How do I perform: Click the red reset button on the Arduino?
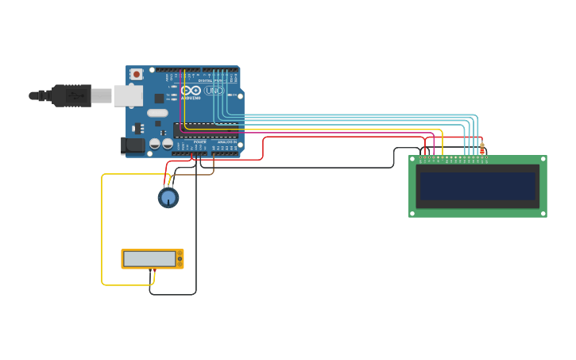(x=137, y=74)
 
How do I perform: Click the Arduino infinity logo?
(x=191, y=91)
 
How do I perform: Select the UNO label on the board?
(x=213, y=91)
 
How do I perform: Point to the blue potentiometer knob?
(x=168, y=197)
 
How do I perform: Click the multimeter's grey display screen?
(x=149, y=258)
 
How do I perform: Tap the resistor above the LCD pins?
(x=481, y=149)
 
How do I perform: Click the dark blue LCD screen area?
(x=477, y=187)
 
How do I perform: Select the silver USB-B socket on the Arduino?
(x=127, y=96)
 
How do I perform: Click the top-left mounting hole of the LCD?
(x=413, y=160)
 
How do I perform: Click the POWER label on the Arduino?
(x=199, y=141)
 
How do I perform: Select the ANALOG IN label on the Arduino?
(x=226, y=141)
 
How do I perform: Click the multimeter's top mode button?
(x=180, y=254)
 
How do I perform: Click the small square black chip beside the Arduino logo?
(x=159, y=98)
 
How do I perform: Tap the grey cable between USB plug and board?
(x=101, y=96)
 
